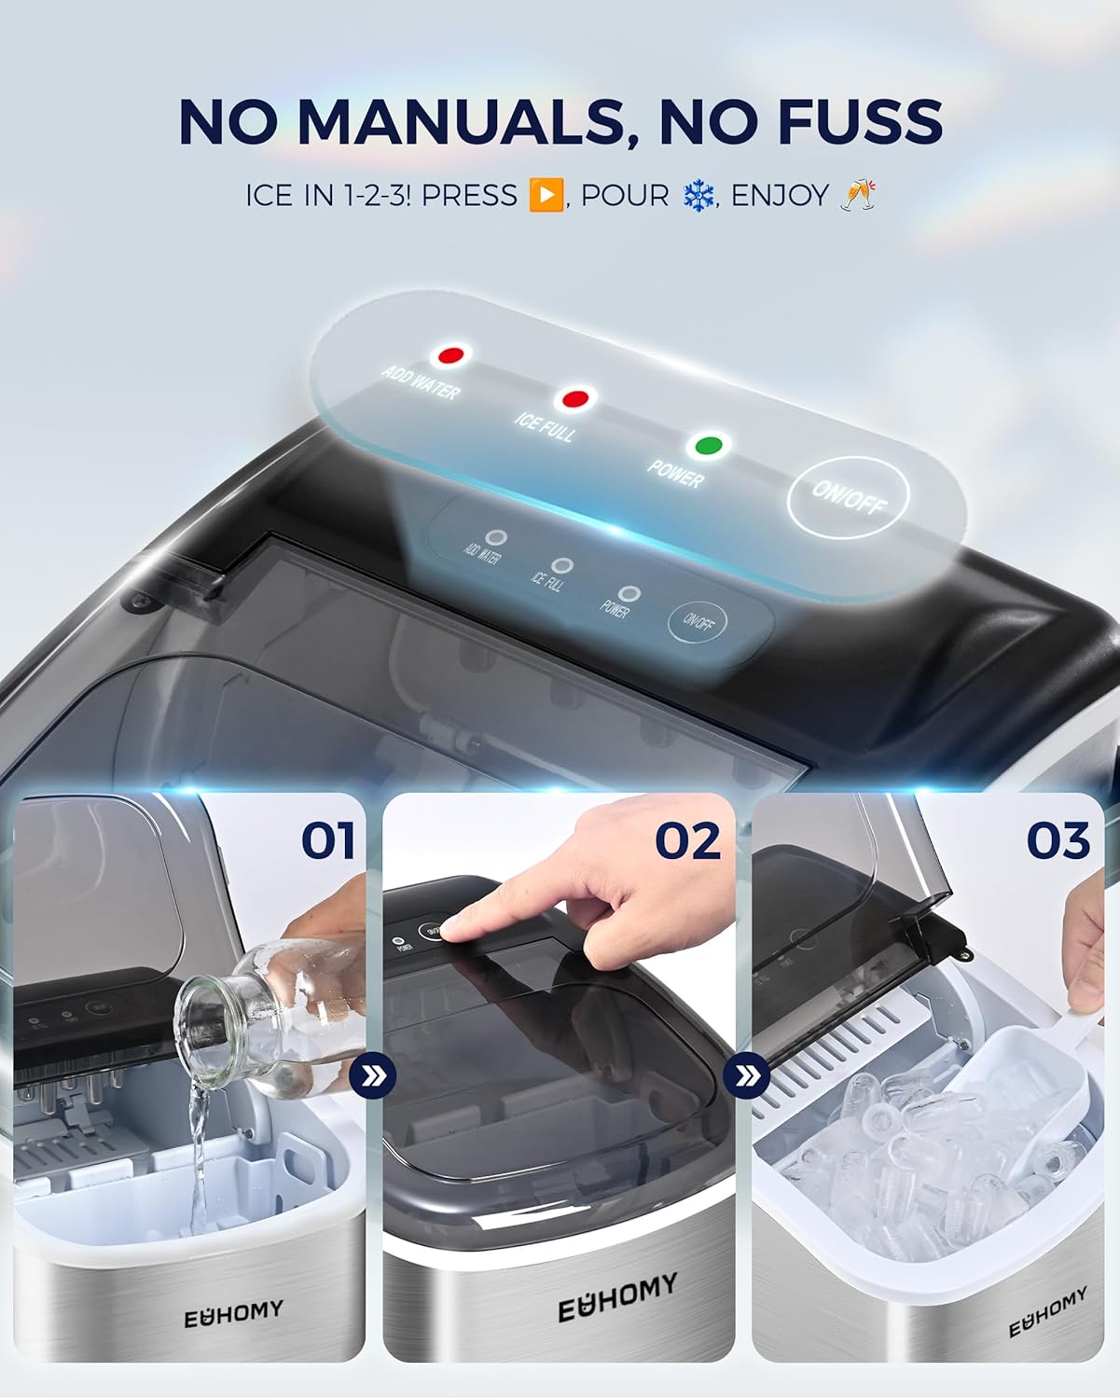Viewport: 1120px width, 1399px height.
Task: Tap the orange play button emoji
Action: pos(546,196)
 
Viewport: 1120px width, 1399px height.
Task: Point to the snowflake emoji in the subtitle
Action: pos(697,196)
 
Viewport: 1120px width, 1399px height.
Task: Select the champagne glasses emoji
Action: pos(857,195)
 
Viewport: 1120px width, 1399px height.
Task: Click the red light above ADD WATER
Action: pos(451,355)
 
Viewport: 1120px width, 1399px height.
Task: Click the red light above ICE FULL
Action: pos(574,399)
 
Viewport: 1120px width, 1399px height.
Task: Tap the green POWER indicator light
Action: pos(710,445)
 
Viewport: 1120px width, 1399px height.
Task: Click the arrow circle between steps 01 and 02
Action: pos(373,1077)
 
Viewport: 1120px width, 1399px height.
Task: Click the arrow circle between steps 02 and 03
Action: pos(745,1076)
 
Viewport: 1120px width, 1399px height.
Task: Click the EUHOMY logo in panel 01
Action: pos(232,1314)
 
